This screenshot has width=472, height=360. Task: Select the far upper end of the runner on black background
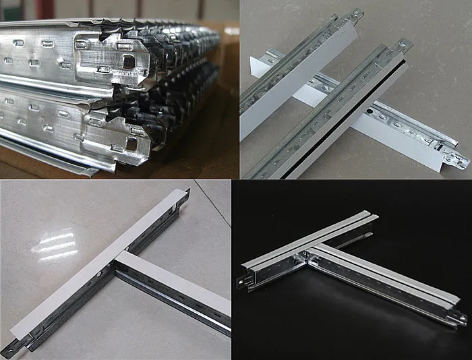pyautogui.click(x=372, y=218)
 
